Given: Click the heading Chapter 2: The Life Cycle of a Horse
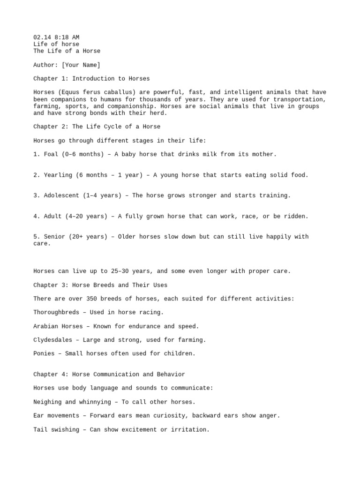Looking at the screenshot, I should pos(97,127).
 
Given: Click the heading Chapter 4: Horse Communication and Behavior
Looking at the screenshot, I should pos(109,374).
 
